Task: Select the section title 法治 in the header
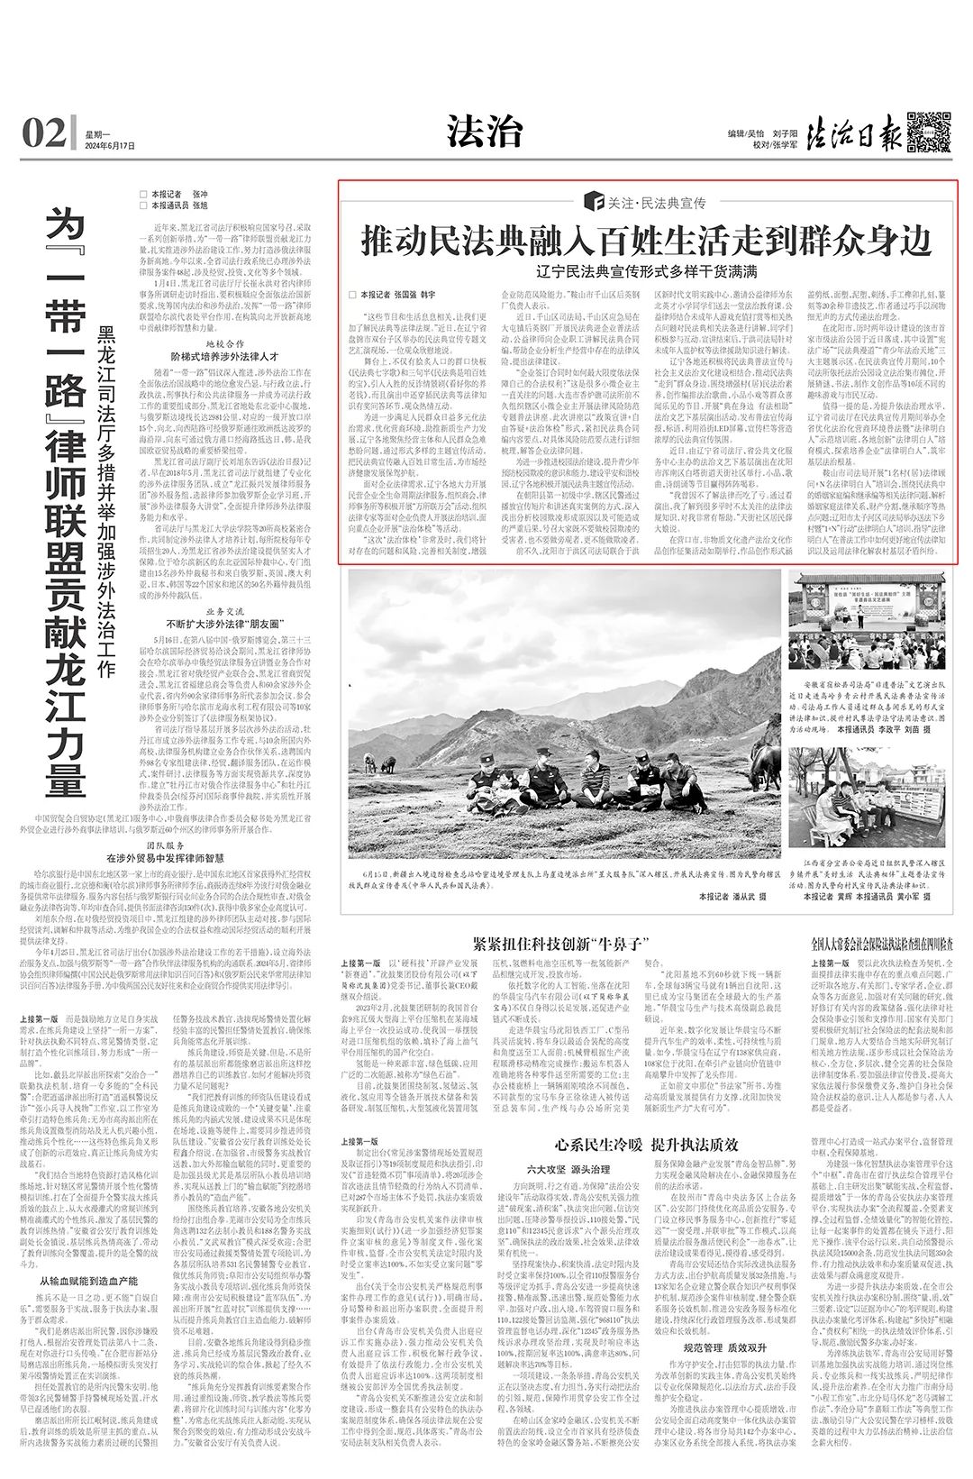click(x=485, y=132)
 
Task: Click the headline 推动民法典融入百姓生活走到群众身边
click(x=646, y=242)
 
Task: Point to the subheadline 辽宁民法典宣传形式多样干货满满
click(x=646, y=271)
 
